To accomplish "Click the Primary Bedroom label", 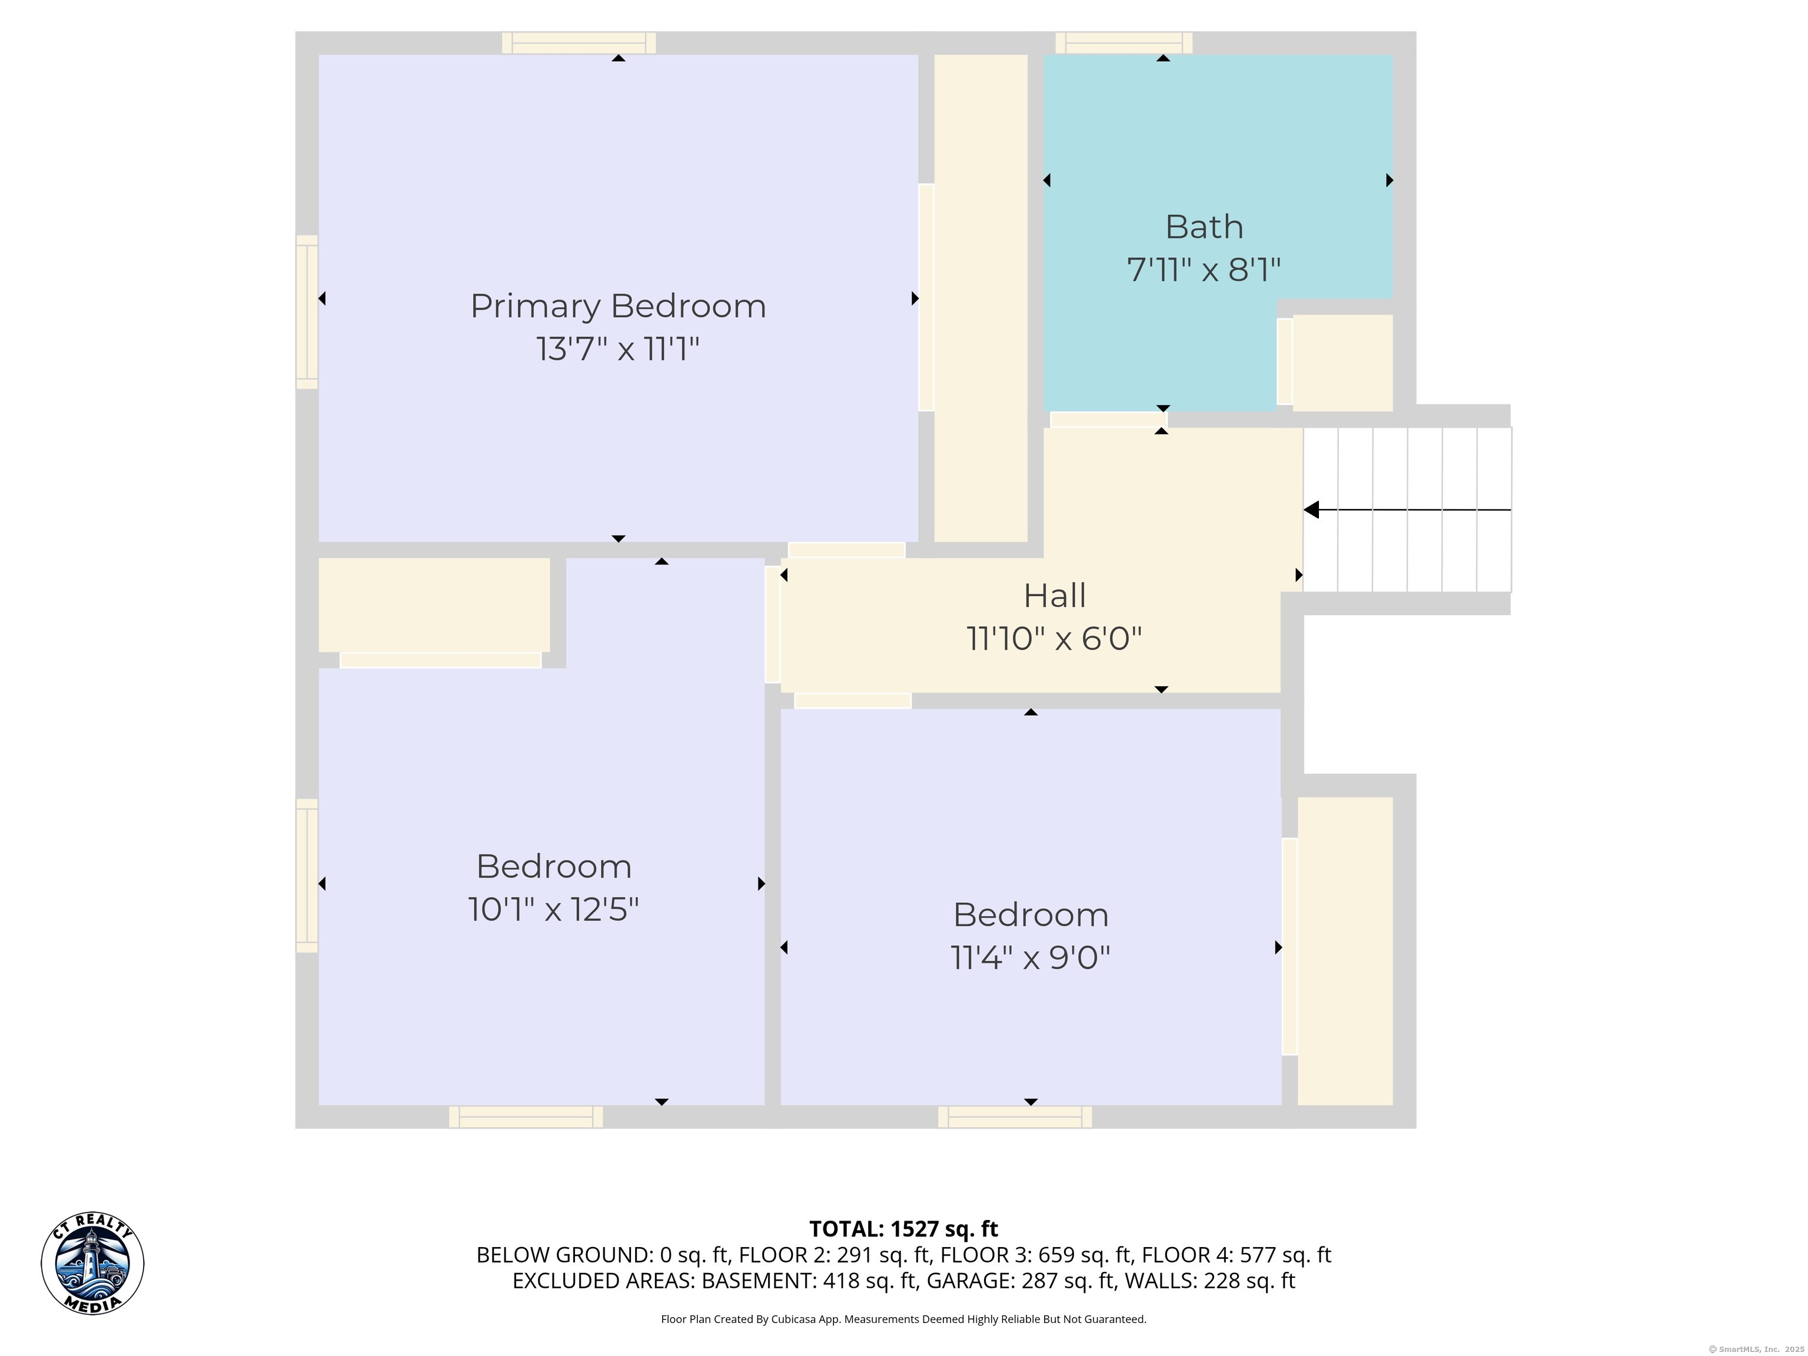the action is point(618,307).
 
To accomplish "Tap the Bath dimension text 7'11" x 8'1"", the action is point(1204,270).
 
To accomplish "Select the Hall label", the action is point(1055,596).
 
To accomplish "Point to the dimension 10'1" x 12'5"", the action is point(553,909).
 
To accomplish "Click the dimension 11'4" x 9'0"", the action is point(1031,957).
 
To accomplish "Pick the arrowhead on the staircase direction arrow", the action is point(1311,510).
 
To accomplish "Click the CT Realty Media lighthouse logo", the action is point(92,1264).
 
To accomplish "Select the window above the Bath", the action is point(1124,42).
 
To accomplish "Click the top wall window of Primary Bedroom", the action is point(579,42).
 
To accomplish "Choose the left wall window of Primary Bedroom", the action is point(307,311).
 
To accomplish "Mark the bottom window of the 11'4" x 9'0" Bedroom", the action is point(1015,1117).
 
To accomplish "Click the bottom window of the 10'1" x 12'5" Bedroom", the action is point(526,1117).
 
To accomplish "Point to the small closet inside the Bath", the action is point(1342,363).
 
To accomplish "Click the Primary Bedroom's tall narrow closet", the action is point(981,298).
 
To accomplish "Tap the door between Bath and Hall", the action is point(1108,419).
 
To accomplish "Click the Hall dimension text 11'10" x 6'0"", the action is point(1055,639).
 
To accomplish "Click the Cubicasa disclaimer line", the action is point(903,1320).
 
